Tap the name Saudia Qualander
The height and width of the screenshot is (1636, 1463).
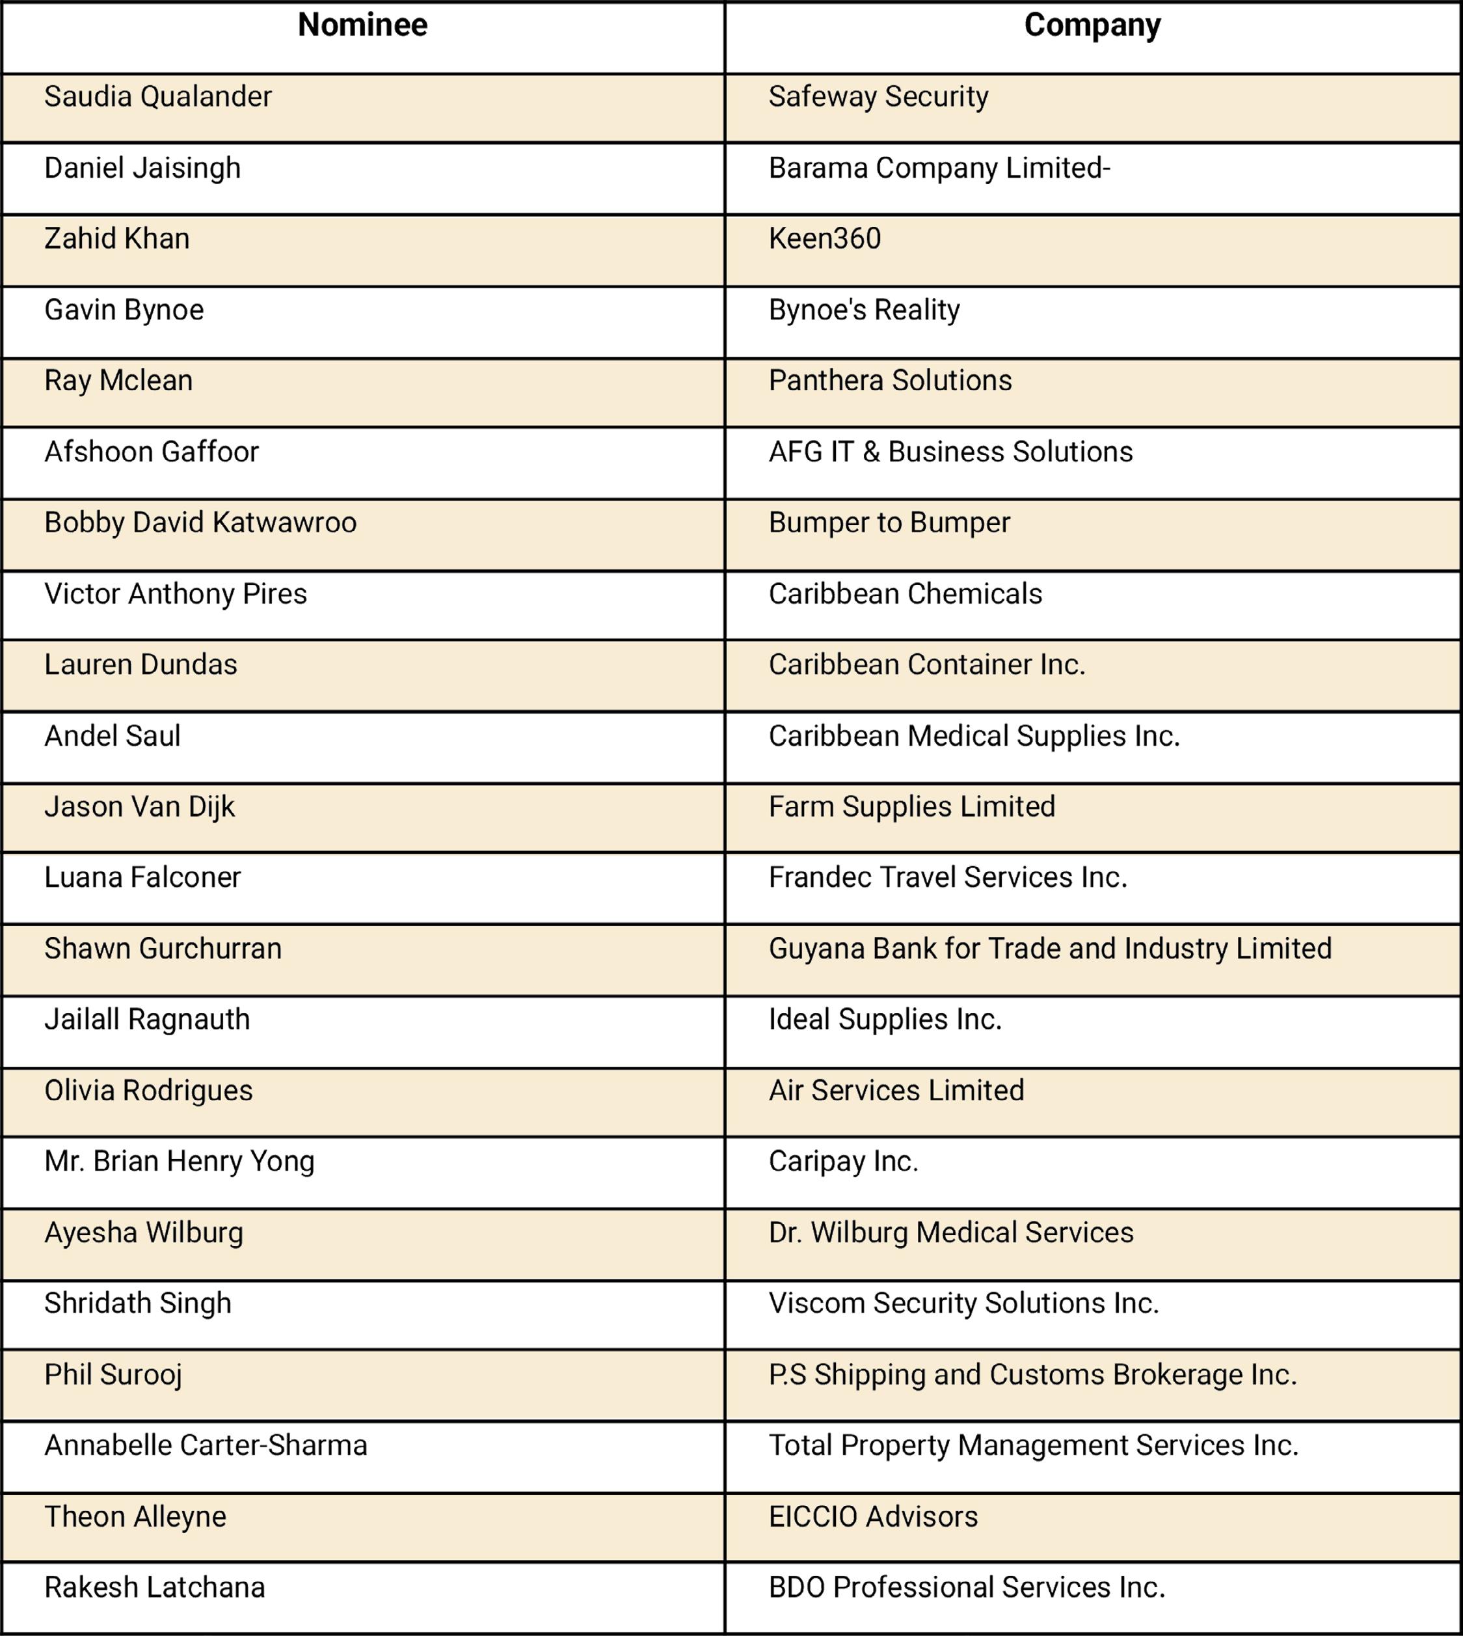tap(157, 97)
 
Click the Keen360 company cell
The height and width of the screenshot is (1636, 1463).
tap(825, 239)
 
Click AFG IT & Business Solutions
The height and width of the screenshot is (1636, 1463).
tap(950, 452)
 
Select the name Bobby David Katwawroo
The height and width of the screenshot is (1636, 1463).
tap(200, 523)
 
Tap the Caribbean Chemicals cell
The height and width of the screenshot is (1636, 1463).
tap(905, 594)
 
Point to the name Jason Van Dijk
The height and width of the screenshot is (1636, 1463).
tap(139, 807)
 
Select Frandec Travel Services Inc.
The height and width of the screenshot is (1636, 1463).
tap(948, 878)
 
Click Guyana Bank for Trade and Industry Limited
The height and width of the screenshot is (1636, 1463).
tap(1050, 949)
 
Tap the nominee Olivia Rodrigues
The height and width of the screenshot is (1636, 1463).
tap(148, 1091)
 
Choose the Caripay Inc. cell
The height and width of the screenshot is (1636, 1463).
tap(843, 1162)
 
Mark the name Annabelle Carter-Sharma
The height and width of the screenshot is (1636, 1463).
tap(206, 1445)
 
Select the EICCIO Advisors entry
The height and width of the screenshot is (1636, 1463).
tap(873, 1517)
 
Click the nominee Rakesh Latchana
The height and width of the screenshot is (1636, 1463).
tap(154, 1588)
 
